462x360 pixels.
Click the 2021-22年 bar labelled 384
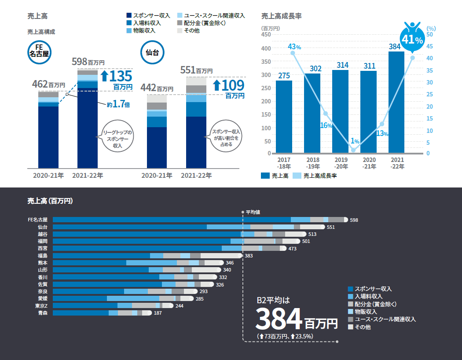click(396, 102)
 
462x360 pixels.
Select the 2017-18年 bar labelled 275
click(284, 117)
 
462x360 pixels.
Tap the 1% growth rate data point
click(353, 150)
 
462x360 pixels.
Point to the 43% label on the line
click(294, 47)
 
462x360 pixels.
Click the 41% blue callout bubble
click(412, 40)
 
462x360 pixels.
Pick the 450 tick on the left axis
click(266, 34)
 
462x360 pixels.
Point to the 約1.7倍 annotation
click(118, 105)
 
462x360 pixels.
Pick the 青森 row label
click(43, 313)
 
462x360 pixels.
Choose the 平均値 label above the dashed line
click(253, 212)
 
